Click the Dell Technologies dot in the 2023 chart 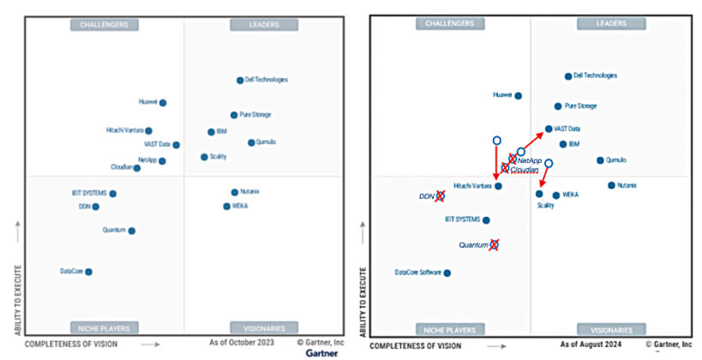point(240,81)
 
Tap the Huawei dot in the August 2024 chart point(518,96)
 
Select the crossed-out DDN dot point(440,196)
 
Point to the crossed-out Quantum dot point(494,244)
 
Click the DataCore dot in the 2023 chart point(88,272)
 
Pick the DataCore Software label point(417,273)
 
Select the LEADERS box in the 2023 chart point(264,25)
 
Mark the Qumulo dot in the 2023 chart point(251,142)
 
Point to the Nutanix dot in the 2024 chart point(611,185)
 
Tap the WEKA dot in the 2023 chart point(226,207)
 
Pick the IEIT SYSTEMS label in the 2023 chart point(89,194)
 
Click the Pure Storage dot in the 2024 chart point(558,106)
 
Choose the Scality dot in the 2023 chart point(204,157)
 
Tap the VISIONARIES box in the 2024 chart point(610,329)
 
